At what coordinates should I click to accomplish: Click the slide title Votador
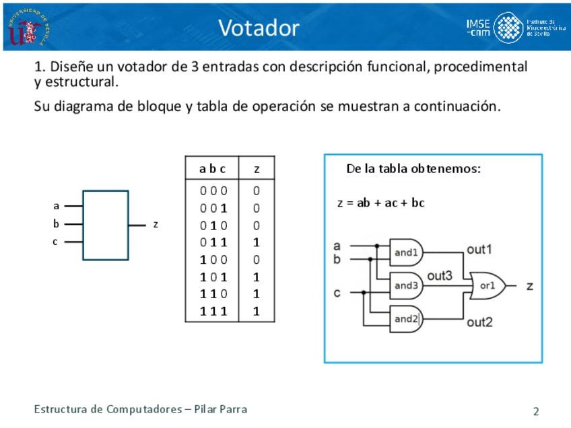click(x=259, y=28)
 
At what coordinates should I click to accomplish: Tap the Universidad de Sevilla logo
click(x=28, y=28)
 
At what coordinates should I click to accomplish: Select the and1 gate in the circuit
click(x=407, y=253)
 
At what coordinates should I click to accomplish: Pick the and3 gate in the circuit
click(x=407, y=285)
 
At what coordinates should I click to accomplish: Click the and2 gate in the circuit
click(x=407, y=318)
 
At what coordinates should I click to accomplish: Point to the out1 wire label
click(x=479, y=250)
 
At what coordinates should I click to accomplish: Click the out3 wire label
click(x=440, y=275)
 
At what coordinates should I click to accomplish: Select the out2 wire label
click(x=479, y=322)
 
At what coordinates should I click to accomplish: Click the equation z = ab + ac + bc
click(x=381, y=203)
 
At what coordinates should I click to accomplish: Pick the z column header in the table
click(x=257, y=169)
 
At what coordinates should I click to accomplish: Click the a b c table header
click(x=213, y=169)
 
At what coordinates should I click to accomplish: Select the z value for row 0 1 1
click(x=257, y=242)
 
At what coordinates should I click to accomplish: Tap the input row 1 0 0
click(x=213, y=260)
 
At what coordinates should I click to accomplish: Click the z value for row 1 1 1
click(x=257, y=312)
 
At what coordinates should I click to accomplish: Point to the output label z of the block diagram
click(x=156, y=224)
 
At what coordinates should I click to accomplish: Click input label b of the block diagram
click(x=57, y=224)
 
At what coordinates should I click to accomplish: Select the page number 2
click(x=536, y=411)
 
